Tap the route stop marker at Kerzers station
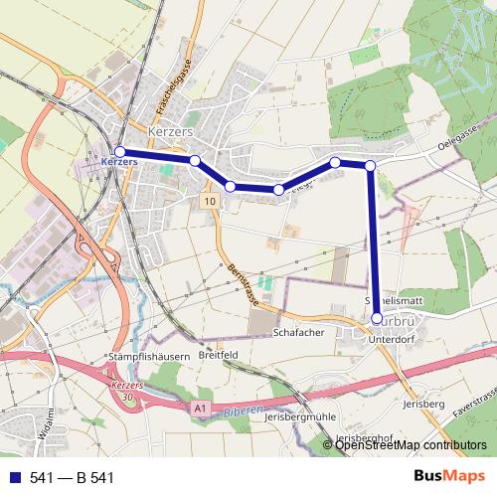120,151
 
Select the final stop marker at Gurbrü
377,318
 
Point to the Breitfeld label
220,354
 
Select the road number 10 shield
210,201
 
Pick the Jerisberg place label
422,404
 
